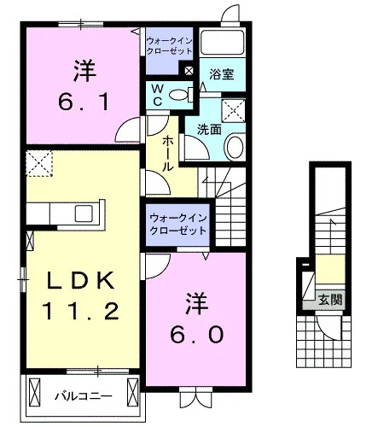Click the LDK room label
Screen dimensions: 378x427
(81, 280)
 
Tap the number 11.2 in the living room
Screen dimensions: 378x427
(81, 311)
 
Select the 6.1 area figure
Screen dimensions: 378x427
(84, 102)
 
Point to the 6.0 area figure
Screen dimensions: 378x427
(196, 335)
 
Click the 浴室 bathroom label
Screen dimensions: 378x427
(222, 73)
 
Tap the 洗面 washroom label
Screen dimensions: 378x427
(209, 130)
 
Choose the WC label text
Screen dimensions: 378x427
(157, 95)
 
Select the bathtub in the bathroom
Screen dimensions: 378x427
(222, 42)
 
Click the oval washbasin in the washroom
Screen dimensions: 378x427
(235, 147)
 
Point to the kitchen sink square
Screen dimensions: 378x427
(84, 213)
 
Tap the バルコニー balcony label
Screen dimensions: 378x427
(84, 396)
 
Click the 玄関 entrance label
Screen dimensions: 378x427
(330, 300)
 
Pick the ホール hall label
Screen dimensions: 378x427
(167, 154)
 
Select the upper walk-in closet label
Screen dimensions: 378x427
(169, 46)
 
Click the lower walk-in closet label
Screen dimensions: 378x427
(177, 225)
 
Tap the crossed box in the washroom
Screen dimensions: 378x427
(233, 111)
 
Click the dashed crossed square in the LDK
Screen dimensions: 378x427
(39, 164)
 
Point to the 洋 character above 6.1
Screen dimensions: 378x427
(84, 71)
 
